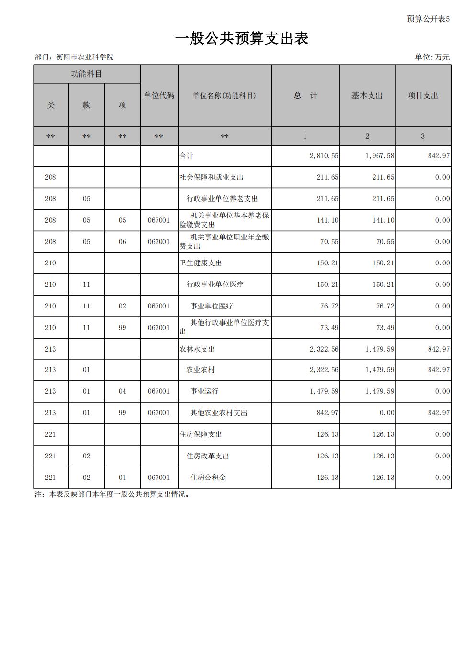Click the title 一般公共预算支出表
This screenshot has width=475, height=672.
click(x=241, y=38)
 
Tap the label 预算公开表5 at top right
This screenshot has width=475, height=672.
click(x=428, y=19)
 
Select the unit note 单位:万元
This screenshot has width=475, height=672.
click(x=432, y=57)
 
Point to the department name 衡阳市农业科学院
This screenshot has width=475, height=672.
click(x=85, y=57)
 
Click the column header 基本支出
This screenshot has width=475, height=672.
click(x=367, y=96)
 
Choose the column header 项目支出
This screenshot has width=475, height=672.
click(x=423, y=96)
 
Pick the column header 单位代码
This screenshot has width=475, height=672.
click(x=159, y=96)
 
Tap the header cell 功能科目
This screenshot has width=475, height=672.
click(x=86, y=74)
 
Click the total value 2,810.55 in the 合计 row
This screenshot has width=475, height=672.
click(x=324, y=156)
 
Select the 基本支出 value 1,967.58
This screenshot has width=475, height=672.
click(x=380, y=156)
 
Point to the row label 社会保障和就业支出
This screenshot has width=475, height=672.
click(x=211, y=177)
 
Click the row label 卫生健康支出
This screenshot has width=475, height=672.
click(x=201, y=263)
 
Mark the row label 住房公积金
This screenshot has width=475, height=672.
click(x=208, y=478)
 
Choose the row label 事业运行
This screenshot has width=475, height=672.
click(x=204, y=391)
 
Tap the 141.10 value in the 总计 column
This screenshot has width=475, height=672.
click(x=328, y=220)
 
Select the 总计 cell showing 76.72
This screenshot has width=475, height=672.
click(x=329, y=306)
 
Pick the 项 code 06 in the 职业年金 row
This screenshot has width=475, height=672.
click(x=123, y=242)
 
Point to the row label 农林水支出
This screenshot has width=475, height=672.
click(x=197, y=349)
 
